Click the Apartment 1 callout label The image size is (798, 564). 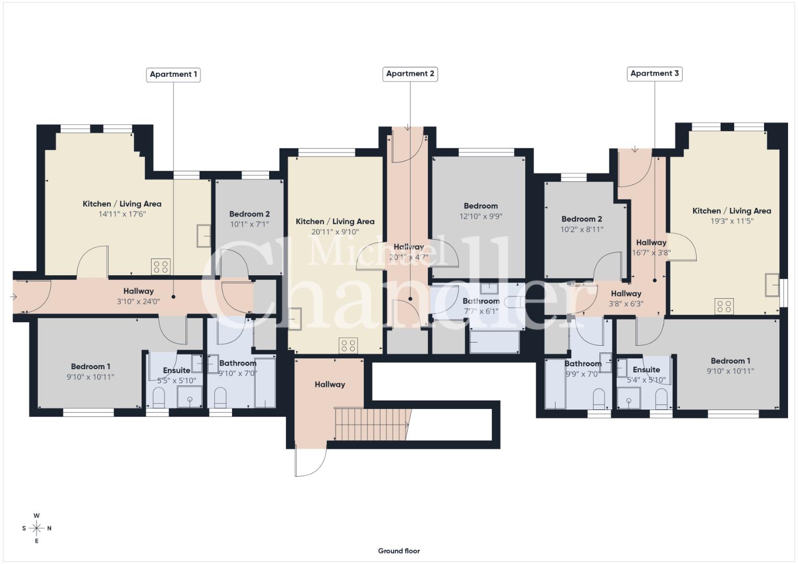174,75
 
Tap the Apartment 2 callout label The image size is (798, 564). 410,74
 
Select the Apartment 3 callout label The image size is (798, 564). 654,74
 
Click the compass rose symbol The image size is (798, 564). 37,528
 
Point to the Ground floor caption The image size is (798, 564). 399,551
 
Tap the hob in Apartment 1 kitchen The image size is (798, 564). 160,267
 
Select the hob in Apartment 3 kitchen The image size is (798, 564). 724,306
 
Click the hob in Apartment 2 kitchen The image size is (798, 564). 349,345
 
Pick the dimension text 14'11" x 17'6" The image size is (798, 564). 122,214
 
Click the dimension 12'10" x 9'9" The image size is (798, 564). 481,216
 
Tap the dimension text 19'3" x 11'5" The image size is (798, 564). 732,221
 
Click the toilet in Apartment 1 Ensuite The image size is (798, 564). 158,397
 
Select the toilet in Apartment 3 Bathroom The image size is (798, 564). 599,399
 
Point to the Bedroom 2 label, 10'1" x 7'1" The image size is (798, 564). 249,219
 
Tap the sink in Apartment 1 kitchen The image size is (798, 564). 204,236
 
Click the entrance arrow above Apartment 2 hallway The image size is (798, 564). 408,127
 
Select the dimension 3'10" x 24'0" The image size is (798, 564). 138,302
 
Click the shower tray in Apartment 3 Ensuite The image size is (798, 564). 629,398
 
